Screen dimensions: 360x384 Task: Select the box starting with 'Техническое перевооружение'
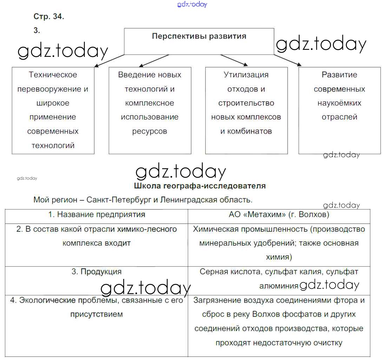[53, 110]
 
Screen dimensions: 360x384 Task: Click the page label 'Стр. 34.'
[48, 17]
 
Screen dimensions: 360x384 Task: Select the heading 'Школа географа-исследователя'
[200, 186]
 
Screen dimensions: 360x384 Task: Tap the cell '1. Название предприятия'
[97, 214]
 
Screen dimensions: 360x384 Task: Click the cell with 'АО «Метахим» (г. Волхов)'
[279, 214]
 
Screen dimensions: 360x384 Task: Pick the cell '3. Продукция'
[97, 272]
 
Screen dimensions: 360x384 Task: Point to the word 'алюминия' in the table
[278, 286]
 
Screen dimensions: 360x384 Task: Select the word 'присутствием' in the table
[97, 314]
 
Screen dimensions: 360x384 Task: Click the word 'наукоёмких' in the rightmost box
[339, 103]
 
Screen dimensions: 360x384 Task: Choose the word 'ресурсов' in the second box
[150, 132]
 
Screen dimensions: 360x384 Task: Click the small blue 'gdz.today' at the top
[192, 4]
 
